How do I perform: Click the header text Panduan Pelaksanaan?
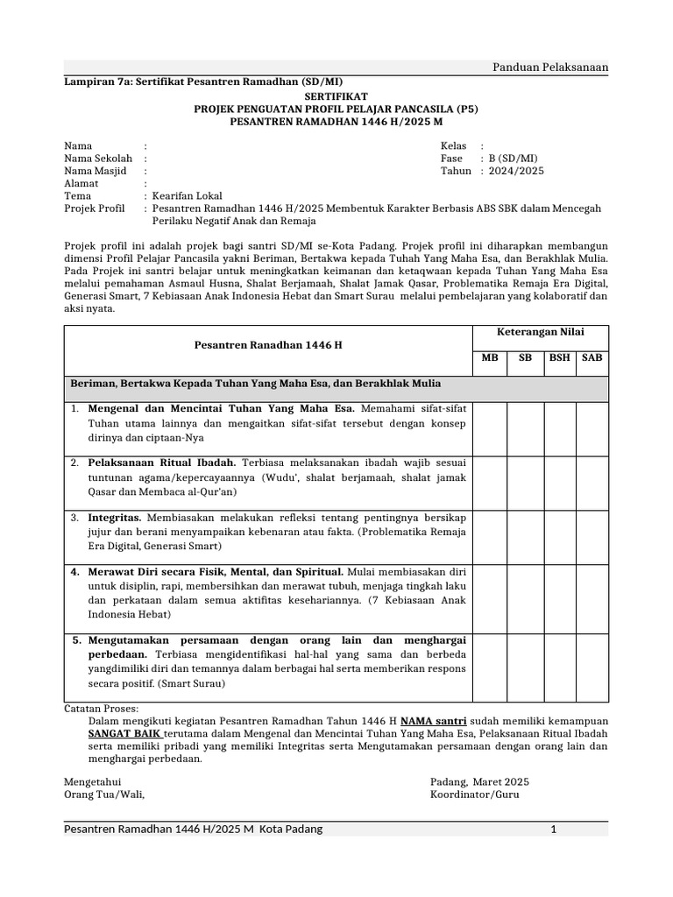pyautogui.click(x=551, y=67)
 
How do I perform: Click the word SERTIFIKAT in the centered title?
pyautogui.click(x=336, y=96)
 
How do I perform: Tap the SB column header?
pyautogui.click(x=525, y=358)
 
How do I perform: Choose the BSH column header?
pyautogui.click(x=558, y=358)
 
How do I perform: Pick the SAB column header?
pyautogui.click(x=592, y=358)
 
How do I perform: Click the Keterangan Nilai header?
pyautogui.click(x=541, y=332)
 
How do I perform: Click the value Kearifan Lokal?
pyautogui.click(x=188, y=196)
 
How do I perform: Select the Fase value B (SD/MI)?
pyautogui.click(x=514, y=159)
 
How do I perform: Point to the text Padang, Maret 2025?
pyautogui.click(x=479, y=781)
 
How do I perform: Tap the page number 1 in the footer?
pyautogui.click(x=553, y=829)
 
